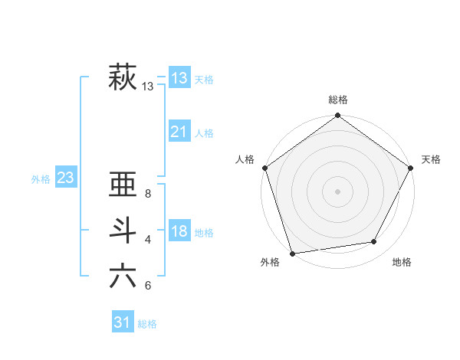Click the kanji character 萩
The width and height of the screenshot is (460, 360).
pos(123,78)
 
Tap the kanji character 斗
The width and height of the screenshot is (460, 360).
pos(123,231)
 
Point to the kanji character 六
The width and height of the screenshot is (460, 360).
pos(123,277)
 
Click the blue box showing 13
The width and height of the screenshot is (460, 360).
pos(179,77)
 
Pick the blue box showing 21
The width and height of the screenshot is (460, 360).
pos(179,132)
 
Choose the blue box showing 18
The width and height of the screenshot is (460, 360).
pos(179,231)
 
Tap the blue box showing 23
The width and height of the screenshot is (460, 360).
pos(65,178)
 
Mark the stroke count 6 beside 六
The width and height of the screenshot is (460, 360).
pos(148,286)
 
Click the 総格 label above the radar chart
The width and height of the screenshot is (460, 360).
pos(337,100)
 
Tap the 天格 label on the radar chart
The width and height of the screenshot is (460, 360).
pos(431,159)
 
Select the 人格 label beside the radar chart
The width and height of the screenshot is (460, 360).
pos(245,159)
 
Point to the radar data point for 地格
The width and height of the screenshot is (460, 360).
pos(374,242)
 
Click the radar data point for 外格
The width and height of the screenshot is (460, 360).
pos(292,253)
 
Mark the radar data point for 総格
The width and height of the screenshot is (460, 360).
pos(337,116)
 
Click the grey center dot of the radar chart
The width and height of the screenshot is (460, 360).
pos(337,191)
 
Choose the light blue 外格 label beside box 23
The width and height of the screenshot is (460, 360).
pos(41,179)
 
